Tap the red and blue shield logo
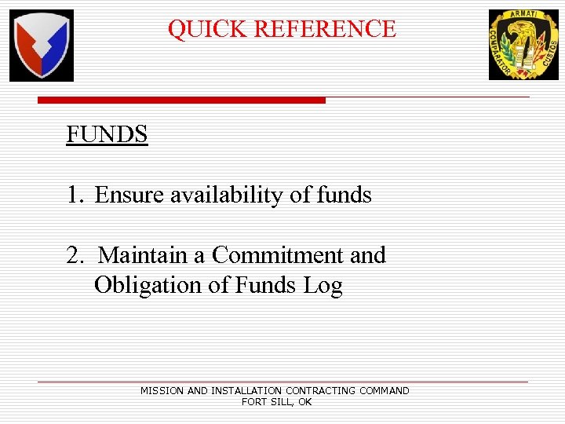[42, 46]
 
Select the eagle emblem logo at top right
[524, 45]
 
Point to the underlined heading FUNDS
[107, 135]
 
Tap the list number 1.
[74, 195]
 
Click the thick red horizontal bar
[181, 101]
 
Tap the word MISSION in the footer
[162, 390]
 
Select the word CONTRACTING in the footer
[321, 390]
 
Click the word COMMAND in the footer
[385, 390]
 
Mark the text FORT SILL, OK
[276, 401]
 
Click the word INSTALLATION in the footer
[246, 390]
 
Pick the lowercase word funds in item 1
[344, 195]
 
